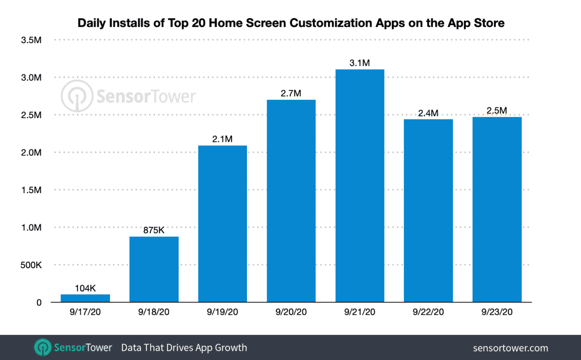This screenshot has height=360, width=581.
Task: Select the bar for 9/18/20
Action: tap(154, 269)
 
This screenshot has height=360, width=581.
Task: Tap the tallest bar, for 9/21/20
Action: tap(360, 186)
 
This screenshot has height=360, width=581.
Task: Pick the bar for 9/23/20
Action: tap(497, 210)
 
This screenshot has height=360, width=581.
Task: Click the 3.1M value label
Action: tap(360, 62)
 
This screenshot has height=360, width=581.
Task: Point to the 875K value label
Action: tap(154, 230)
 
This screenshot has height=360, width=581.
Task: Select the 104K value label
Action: tap(86, 288)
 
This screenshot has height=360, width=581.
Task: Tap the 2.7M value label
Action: tap(291, 93)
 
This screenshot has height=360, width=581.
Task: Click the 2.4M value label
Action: tap(428, 113)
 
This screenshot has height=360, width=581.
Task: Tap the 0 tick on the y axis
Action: tap(39, 303)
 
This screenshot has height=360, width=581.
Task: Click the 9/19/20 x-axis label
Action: tap(222, 313)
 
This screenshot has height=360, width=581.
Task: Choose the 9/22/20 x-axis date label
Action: tap(428, 313)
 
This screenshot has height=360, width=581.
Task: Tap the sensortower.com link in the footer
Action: tap(511, 347)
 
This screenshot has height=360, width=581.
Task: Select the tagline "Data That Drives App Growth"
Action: tap(184, 347)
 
